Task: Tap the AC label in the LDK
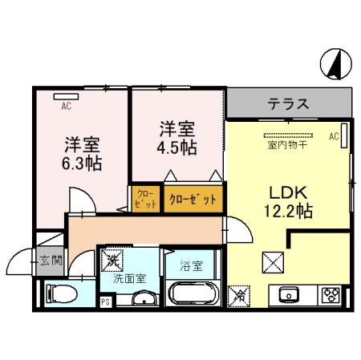tap(333, 136)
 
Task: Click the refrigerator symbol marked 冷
tap(238, 295)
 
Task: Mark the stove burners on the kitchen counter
tap(331, 294)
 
